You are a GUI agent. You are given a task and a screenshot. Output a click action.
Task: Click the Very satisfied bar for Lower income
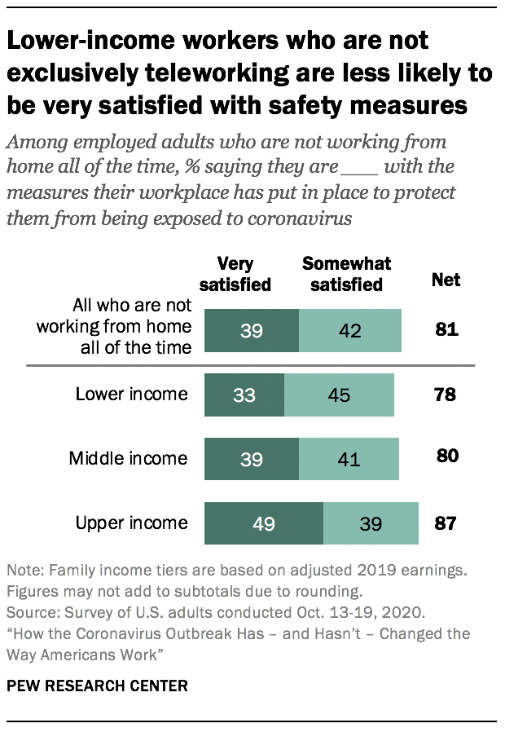click(x=244, y=395)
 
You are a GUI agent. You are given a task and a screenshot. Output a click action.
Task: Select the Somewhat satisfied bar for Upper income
click(x=371, y=523)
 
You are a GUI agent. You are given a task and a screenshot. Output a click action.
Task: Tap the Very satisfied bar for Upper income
click(x=264, y=523)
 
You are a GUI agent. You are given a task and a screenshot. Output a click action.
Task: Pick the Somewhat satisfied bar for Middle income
click(x=350, y=459)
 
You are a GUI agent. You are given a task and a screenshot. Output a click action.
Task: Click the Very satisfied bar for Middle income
click(x=252, y=459)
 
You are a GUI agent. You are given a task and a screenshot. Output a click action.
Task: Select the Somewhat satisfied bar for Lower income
click(x=339, y=395)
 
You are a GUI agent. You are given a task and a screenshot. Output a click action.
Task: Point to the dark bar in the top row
click(x=252, y=330)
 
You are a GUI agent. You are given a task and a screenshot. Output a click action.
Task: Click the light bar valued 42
click(x=350, y=330)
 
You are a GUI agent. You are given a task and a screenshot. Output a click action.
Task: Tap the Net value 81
click(x=446, y=330)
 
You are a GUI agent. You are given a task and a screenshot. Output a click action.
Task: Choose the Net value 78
click(x=445, y=395)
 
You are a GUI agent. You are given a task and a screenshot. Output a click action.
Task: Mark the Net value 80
click(x=446, y=456)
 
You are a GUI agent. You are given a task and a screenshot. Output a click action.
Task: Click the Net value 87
click(x=446, y=523)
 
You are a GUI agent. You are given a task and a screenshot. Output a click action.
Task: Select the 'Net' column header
click(x=446, y=280)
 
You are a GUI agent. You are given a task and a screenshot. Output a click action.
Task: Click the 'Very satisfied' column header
click(x=235, y=274)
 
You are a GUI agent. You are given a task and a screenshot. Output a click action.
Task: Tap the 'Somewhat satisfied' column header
click(x=346, y=274)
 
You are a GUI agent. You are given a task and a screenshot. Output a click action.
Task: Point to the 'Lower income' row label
click(x=131, y=395)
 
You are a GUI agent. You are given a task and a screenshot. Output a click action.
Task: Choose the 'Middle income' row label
click(x=129, y=458)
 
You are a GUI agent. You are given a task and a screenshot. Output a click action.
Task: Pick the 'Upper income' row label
click(x=131, y=523)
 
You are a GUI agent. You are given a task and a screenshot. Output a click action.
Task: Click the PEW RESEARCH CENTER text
click(x=97, y=686)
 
